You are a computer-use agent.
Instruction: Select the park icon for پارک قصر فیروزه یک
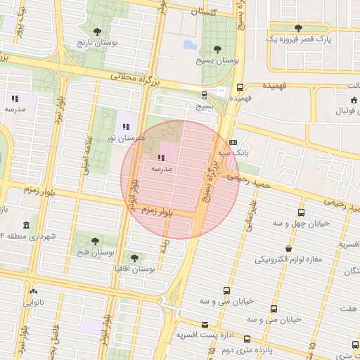pos(298,28)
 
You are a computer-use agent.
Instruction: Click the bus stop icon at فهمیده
pos(240,88)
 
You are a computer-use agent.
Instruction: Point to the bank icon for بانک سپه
pos(233,141)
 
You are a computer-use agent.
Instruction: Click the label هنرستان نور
pos(125,139)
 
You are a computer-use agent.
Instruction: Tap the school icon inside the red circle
pos(161,158)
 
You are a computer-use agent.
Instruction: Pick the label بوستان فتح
pos(96,252)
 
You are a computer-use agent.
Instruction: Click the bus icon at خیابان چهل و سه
pos(302,212)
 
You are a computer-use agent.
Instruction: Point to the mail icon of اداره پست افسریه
pos(205,324)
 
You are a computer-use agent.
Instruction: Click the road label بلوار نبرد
pos(62,116)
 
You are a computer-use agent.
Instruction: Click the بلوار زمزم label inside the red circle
pos(157,210)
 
